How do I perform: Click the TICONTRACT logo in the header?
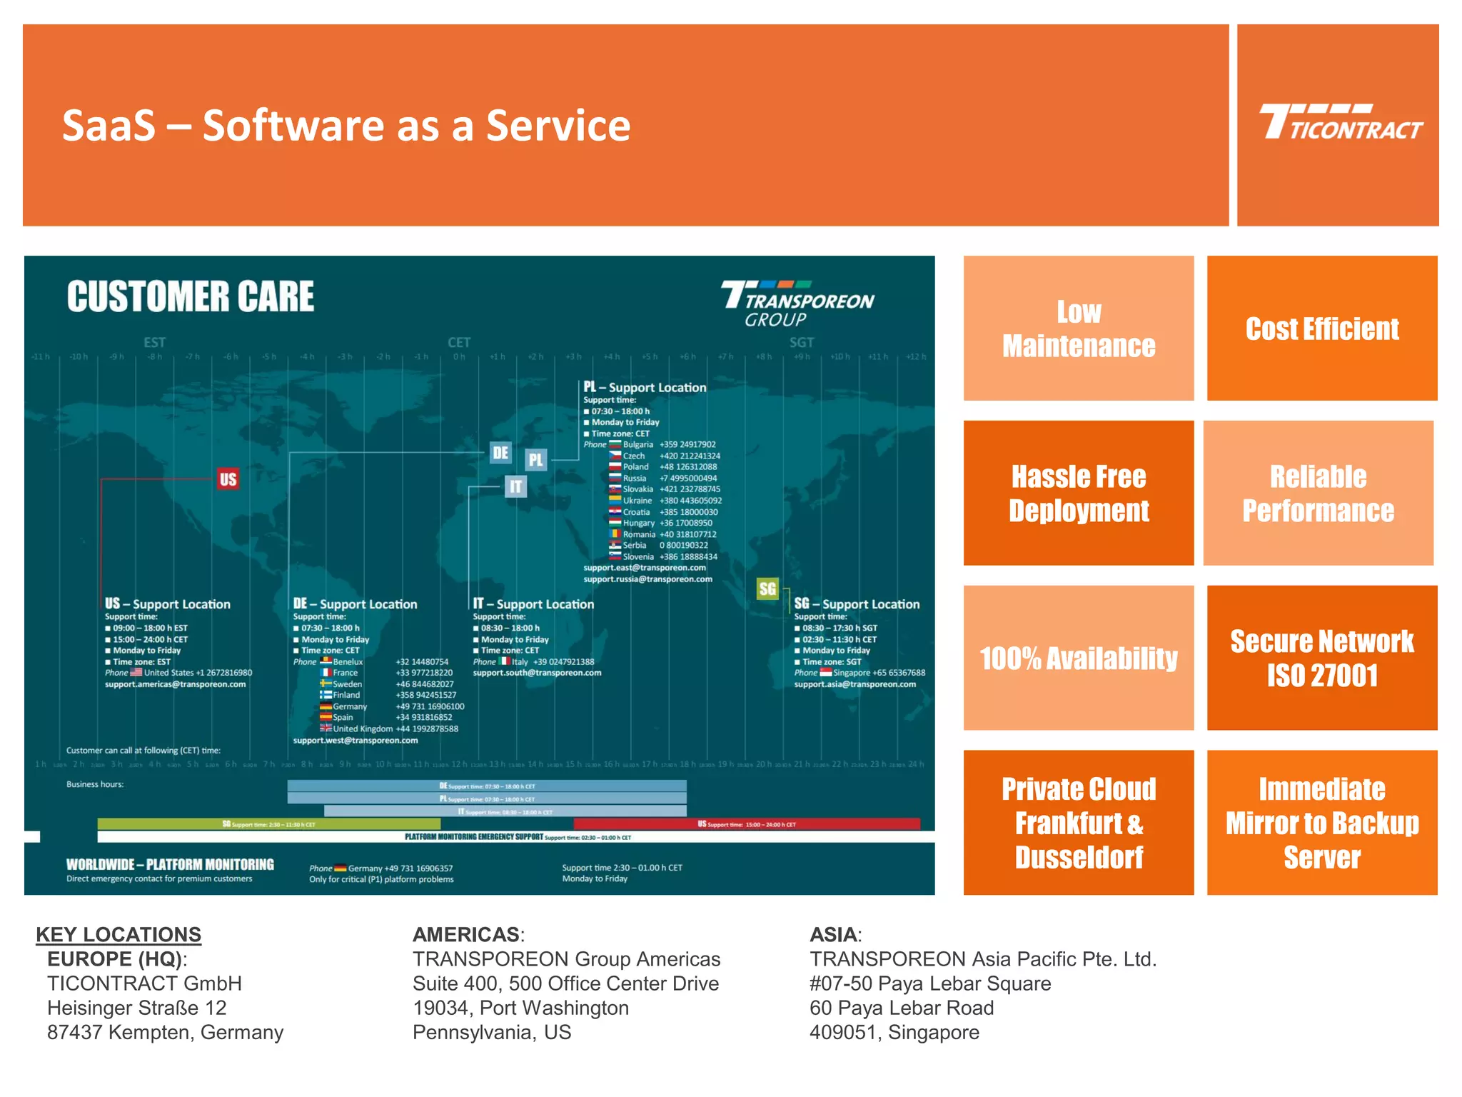(x=1340, y=123)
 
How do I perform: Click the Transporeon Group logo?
(x=797, y=304)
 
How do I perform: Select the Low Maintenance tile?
(x=1078, y=329)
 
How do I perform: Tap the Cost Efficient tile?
(x=1321, y=329)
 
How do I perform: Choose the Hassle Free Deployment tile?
(x=1078, y=494)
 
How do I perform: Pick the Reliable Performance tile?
(x=1318, y=494)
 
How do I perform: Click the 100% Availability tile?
(x=1078, y=658)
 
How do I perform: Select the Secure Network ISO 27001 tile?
(x=1321, y=658)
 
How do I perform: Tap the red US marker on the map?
(x=228, y=479)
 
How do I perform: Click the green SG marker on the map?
(x=767, y=589)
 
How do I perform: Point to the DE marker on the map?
(x=500, y=453)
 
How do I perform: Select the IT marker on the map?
(x=515, y=487)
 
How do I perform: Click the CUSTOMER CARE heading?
(x=191, y=297)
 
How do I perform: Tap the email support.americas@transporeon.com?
(x=175, y=684)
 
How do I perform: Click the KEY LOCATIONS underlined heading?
(x=119, y=934)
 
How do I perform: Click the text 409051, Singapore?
(x=894, y=1032)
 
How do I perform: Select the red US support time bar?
(x=746, y=824)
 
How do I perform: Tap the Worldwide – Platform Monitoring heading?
(x=170, y=864)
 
